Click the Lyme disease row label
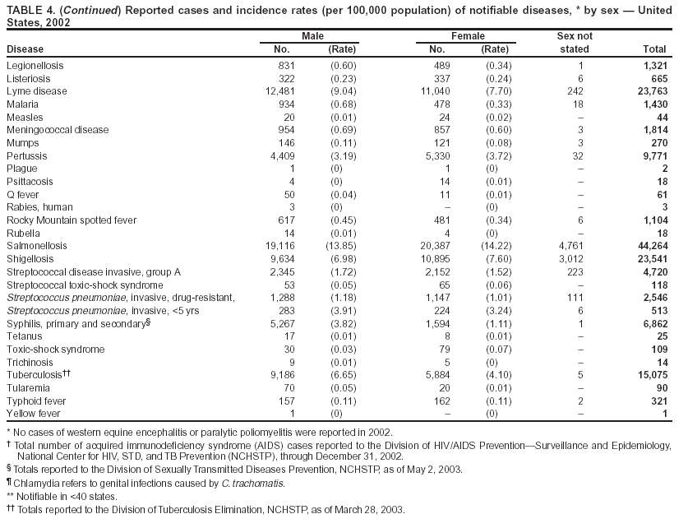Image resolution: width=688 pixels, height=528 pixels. (x=37, y=91)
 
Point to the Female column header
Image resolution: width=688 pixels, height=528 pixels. (x=468, y=37)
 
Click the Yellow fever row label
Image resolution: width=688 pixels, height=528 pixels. (x=32, y=413)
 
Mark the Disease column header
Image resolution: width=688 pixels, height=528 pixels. (x=25, y=49)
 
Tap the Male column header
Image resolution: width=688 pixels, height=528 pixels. (x=312, y=37)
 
